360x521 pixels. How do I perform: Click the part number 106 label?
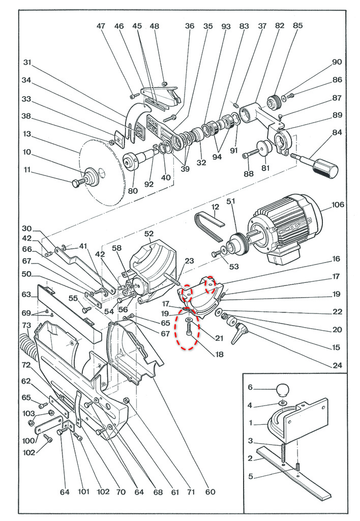pyautogui.click(x=338, y=205)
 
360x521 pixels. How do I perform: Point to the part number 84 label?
pyautogui.click(x=337, y=132)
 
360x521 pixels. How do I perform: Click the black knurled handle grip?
pyautogui.click(x=325, y=168)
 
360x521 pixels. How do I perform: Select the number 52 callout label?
pyautogui.click(x=149, y=234)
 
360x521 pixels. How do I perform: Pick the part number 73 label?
pyautogui.click(x=26, y=325)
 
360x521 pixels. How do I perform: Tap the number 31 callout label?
pyautogui.click(x=27, y=62)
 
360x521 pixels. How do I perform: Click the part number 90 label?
pyautogui.click(x=337, y=62)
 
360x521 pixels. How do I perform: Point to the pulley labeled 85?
pyautogui.click(x=275, y=101)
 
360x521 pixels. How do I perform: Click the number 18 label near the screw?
pyautogui.click(x=219, y=354)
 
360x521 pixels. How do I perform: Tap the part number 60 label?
pyautogui.click(x=210, y=491)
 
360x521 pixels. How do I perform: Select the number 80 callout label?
pyautogui.click(x=133, y=191)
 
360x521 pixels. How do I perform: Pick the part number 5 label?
pyautogui.click(x=251, y=476)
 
